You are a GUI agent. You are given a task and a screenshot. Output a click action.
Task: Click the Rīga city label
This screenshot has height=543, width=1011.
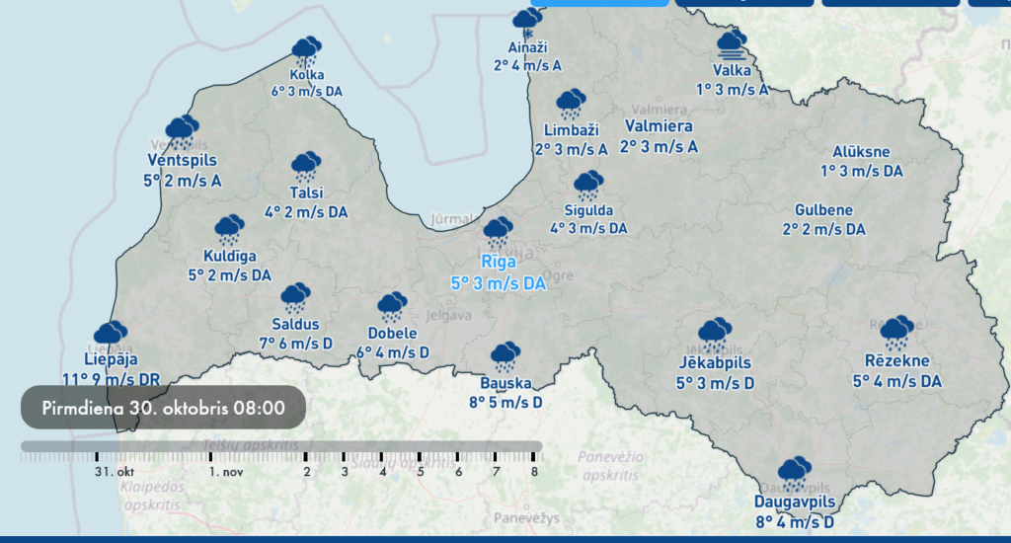pos(499,262)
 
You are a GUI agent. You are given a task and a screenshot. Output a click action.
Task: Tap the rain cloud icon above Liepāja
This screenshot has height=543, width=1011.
pos(110,334)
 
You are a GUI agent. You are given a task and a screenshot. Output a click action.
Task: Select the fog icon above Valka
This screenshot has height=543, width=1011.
pos(732,44)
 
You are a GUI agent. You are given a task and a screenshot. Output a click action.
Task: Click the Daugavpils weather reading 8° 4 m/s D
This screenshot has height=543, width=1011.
pos(795,522)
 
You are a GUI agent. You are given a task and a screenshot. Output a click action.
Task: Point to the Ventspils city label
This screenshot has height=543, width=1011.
pos(182,160)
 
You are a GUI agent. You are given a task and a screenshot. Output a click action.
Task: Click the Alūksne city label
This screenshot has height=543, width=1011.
pos(861,152)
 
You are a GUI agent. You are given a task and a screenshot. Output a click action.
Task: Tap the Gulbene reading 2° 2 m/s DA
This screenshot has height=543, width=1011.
pos(824,229)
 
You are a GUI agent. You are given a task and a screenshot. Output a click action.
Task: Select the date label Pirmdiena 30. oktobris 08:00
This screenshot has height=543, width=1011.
pos(164,407)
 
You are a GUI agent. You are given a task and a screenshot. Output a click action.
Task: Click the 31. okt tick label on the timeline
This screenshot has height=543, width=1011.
pos(115,472)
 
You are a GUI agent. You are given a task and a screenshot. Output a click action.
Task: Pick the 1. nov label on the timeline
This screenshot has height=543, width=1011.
pos(226,472)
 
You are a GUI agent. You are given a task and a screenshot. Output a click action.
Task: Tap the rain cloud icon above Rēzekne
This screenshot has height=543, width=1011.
pos(896,334)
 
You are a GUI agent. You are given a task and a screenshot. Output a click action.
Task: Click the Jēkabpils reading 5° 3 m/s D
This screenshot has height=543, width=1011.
pos(716,382)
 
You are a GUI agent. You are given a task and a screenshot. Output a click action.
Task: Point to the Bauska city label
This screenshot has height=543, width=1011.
pos(505,383)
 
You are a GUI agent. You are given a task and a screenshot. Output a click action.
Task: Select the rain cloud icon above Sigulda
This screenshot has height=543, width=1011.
pos(589,186)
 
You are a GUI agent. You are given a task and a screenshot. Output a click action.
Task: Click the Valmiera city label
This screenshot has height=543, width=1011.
pos(659,126)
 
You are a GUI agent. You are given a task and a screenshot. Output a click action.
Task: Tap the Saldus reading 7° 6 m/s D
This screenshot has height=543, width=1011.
pos(295,343)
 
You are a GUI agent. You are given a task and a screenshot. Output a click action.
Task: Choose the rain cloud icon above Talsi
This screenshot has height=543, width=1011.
pos(306,168)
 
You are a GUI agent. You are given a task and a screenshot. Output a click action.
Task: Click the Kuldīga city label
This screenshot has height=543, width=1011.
pos(229,257)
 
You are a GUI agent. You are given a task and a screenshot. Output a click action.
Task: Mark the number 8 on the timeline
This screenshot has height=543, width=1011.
pos(534,472)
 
